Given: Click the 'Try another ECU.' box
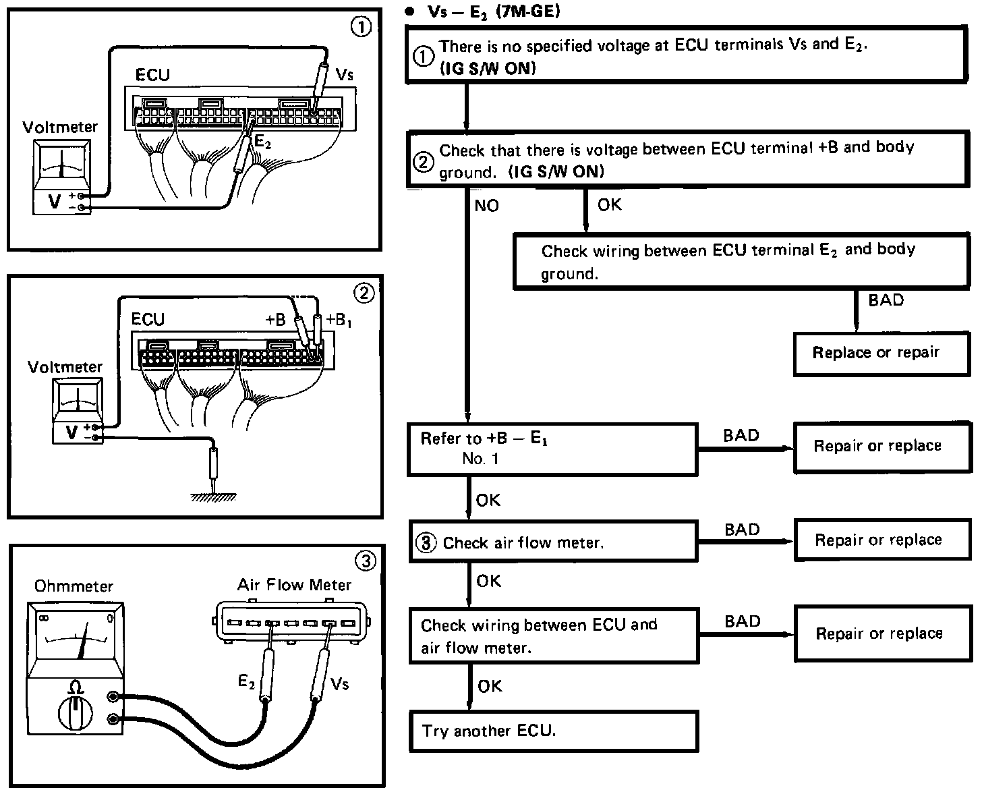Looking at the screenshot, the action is click(554, 731).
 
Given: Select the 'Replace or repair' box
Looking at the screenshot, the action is click(882, 353).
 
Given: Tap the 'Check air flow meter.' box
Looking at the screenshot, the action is click(553, 542).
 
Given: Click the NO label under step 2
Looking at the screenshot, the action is click(486, 206).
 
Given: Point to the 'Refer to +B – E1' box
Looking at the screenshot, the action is click(552, 450).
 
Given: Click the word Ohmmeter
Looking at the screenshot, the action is click(74, 586).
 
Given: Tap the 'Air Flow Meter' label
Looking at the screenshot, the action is click(294, 585).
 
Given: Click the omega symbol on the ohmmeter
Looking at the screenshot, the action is click(75, 687).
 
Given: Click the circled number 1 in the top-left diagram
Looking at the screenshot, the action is click(361, 27).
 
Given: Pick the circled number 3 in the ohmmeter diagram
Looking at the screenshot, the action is click(366, 561).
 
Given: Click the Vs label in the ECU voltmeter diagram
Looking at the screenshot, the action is click(345, 74).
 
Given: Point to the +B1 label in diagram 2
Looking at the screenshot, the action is click(339, 320).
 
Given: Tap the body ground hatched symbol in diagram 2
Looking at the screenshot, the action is click(214, 497).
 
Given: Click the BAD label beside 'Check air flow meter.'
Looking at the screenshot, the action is click(743, 530).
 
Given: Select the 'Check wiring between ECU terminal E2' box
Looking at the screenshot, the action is click(741, 261).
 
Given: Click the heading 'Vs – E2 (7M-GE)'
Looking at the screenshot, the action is click(494, 11).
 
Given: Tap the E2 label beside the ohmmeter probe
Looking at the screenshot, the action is click(246, 682).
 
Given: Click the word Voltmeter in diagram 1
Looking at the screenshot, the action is click(60, 127).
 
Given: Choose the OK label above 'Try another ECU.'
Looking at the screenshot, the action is click(490, 686).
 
